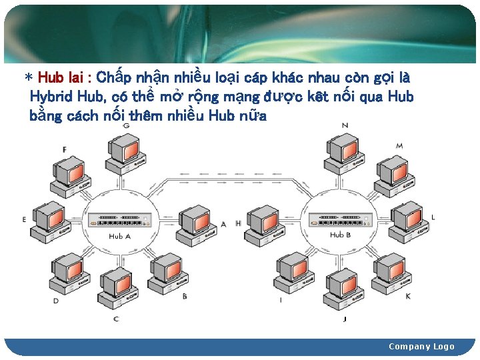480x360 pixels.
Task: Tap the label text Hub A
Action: pyautogui.click(x=120, y=236)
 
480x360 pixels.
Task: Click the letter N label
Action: pyautogui.click(x=345, y=125)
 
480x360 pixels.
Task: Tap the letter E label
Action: pyautogui.click(x=24, y=219)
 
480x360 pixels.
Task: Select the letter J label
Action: pyautogui.click(x=345, y=319)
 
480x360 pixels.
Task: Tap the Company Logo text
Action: pyautogui.click(x=421, y=346)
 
